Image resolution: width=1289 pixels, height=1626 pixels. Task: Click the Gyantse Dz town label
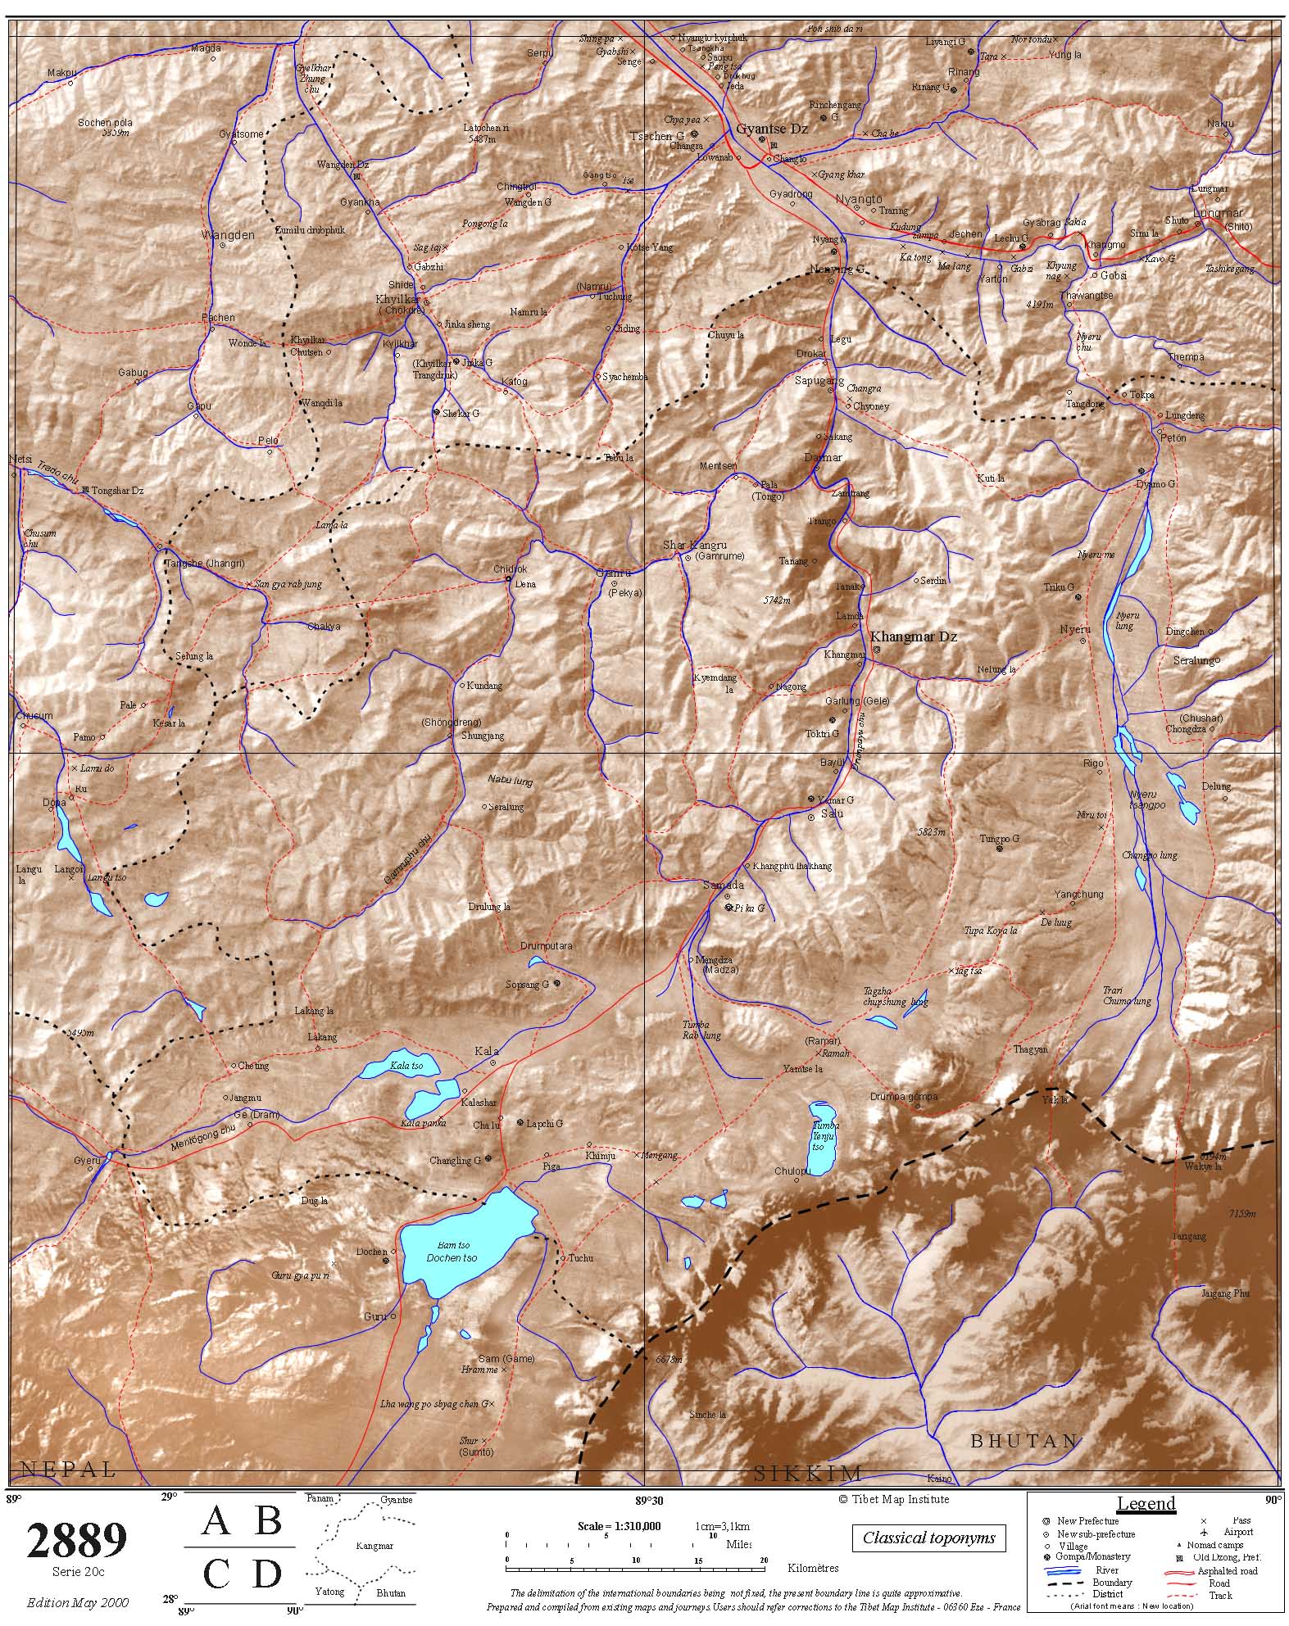click(x=771, y=129)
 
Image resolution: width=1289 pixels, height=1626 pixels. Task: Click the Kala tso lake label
click(x=406, y=1066)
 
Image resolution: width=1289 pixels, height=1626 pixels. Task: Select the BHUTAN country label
click(x=1023, y=1441)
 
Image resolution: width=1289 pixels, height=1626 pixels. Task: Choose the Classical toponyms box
click(x=928, y=1538)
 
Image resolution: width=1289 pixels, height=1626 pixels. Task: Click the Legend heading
click(x=1146, y=1503)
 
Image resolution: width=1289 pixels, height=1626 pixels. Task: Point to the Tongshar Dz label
click(x=117, y=491)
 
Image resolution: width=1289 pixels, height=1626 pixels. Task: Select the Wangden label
click(x=228, y=235)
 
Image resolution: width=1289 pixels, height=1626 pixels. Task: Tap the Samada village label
click(x=724, y=885)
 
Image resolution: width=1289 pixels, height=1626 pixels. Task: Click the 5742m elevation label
click(x=776, y=600)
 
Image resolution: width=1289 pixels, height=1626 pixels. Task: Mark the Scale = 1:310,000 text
click(x=619, y=1526)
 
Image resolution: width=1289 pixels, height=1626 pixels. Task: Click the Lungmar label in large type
click(x=1218, y=214)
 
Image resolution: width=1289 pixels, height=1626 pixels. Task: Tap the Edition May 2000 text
click(x=77, y=1602)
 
